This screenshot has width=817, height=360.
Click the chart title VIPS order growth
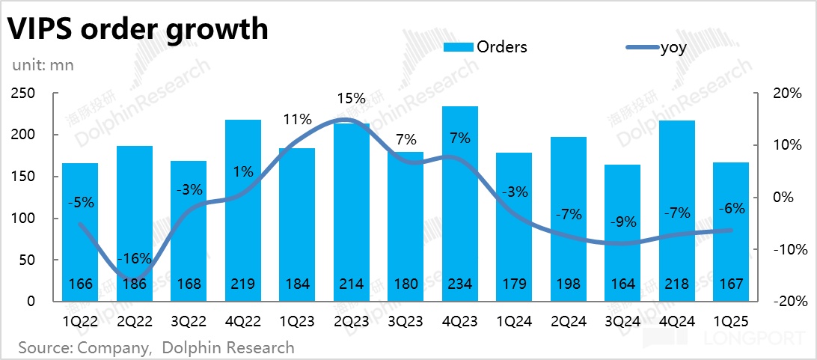[x=138, y=28]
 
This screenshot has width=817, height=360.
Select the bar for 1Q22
[x=80, y=232]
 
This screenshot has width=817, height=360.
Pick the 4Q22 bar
[x=243, y=210]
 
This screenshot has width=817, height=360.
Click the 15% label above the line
[x=352, y=99]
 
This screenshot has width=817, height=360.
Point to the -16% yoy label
[x=135, y=259]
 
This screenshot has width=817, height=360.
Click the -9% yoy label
[x=622, y=222]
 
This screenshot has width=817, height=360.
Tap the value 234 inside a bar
[x=460, y=284]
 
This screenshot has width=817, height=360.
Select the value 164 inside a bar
[x=622, y=284]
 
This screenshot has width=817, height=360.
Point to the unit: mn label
[x=43, y=64]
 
